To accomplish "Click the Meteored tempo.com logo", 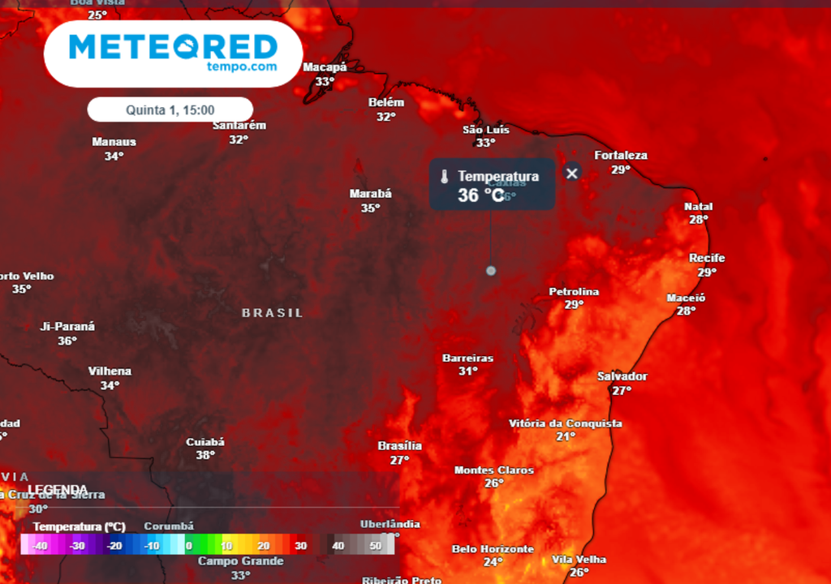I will [173, 53].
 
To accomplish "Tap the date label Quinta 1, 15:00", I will [170, 109].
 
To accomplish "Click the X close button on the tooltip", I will [572, 173].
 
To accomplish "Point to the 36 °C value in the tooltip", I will [481, 195].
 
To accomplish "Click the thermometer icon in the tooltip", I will [444, 177].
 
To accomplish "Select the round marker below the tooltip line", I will [490, 270].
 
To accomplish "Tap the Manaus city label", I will [114, 142].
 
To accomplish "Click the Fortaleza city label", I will [621, 155].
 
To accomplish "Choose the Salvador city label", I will [622, 376].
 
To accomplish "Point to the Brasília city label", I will [400, 446].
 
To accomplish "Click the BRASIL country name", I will [273, 312].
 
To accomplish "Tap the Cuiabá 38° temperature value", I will [205, 456].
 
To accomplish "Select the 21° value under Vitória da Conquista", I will [566, 436].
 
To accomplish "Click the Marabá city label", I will [370, 194].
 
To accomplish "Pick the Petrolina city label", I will [574, 291].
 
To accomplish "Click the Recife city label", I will [707, 258].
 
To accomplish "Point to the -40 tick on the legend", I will [38, 546].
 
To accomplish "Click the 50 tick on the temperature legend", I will [375, 546].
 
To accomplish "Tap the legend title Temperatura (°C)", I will [80, 526].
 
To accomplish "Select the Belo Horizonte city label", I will [493, 549].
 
